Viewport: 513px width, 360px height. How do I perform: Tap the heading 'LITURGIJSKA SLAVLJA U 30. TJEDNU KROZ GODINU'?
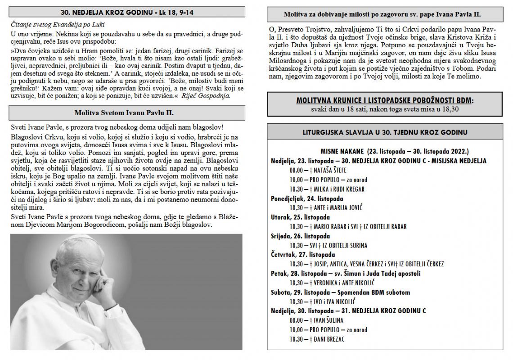[385, 132]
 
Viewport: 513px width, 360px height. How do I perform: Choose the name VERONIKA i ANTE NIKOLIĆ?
[338, 283]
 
